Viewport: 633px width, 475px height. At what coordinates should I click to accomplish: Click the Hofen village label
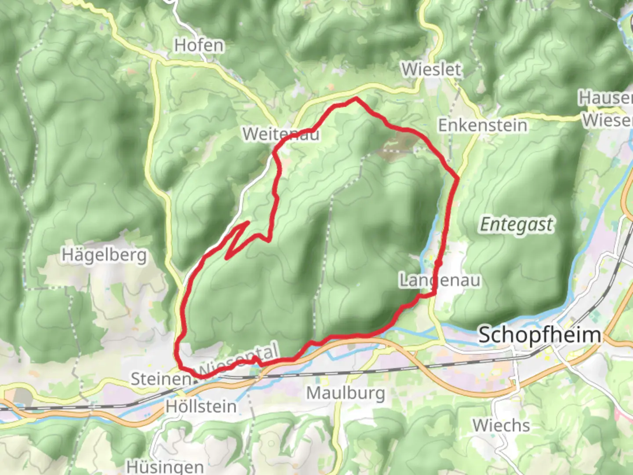click(x=199, y=45)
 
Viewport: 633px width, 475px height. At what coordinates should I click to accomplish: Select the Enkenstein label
click(x=483, y=125)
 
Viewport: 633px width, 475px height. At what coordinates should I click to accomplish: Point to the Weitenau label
click(x=281, y=134)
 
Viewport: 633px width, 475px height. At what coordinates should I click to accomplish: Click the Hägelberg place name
click(x=104, y=255)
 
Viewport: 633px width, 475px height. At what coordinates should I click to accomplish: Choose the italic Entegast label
click(x=517, y=225)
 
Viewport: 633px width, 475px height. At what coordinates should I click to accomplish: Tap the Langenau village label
click(x=440, y=280)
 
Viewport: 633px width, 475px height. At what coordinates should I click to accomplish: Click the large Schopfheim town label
click(x=539, y=335)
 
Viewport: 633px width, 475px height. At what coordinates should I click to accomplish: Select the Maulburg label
click(x=346, y=393)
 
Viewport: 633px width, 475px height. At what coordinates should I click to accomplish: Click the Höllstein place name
click(x=201, y=406)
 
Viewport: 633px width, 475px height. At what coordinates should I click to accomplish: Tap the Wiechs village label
click(x=501, y=425)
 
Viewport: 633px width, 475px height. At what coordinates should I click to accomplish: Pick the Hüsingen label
click(x=165, y=467)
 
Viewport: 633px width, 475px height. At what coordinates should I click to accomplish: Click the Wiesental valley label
click(x=240, y=358)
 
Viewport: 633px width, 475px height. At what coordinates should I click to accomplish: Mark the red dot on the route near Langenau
click(x=438, y=263)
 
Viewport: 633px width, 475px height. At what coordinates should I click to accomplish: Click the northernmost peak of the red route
click(x=356, y=99)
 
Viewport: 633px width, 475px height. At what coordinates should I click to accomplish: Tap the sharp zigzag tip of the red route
click(x=248, y=222)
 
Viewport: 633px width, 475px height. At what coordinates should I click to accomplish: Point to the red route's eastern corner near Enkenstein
click(x=458, y=178)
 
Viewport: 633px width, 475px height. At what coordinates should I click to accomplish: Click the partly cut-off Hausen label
click(x=606, y=98)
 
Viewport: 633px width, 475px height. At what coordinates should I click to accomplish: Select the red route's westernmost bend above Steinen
click(x=177, y=350)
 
